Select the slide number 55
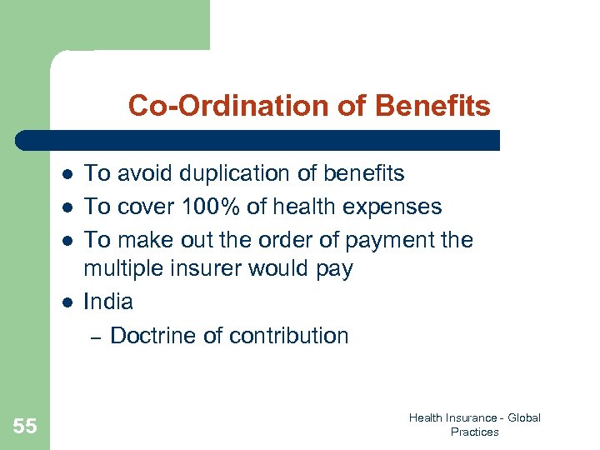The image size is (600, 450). tap(25, 426)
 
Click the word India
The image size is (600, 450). tap(108, 301)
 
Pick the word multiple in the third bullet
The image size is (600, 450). tap(120, 269)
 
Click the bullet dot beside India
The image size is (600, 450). tap(66, 302)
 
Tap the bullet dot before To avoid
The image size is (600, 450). tap(66, 174)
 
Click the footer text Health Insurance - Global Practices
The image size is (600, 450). tap(474, 425)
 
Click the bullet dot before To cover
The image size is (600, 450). tap(66, 207)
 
